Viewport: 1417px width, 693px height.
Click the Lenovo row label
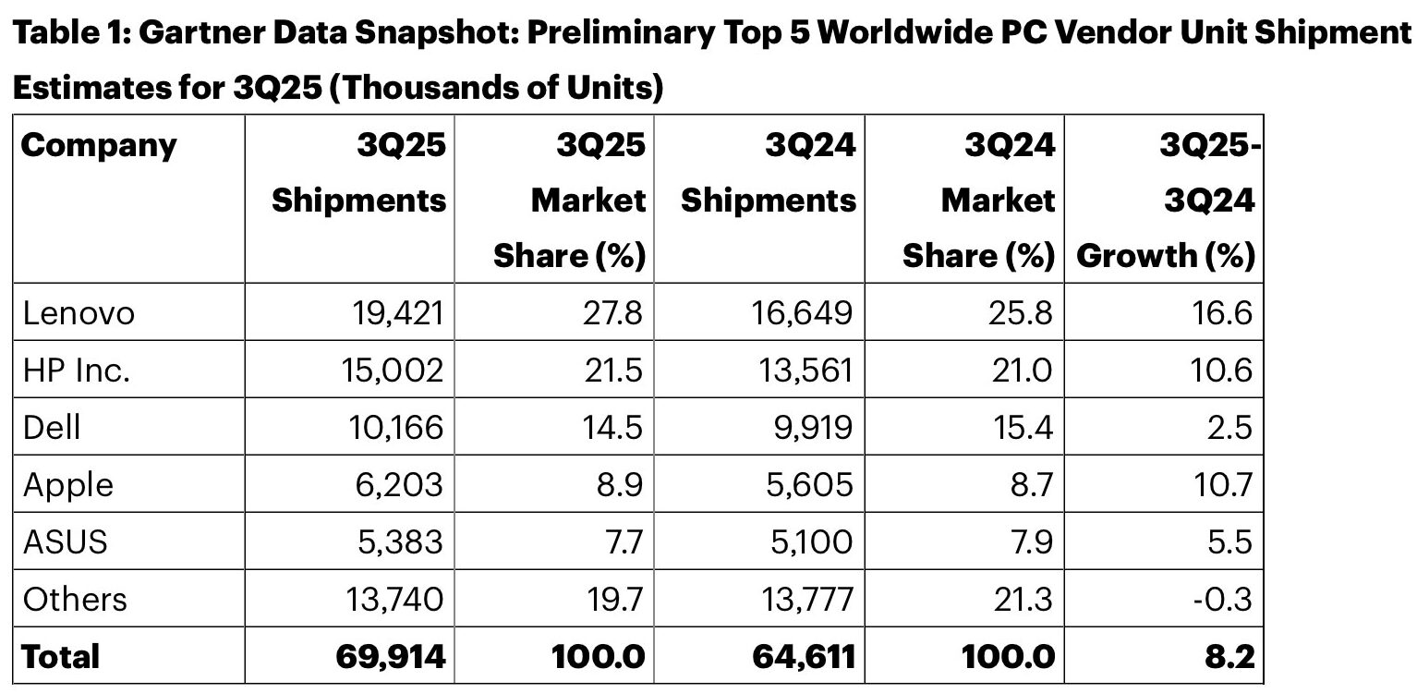(79, 313)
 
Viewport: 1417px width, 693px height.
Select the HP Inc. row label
(77, 370)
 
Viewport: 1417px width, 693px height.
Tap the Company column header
(98, 146)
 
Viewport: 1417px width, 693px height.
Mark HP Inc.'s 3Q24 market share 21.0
(1019, 370)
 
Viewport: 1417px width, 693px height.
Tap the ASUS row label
(65, 541)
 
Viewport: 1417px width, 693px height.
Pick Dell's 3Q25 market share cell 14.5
(612, 427)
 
